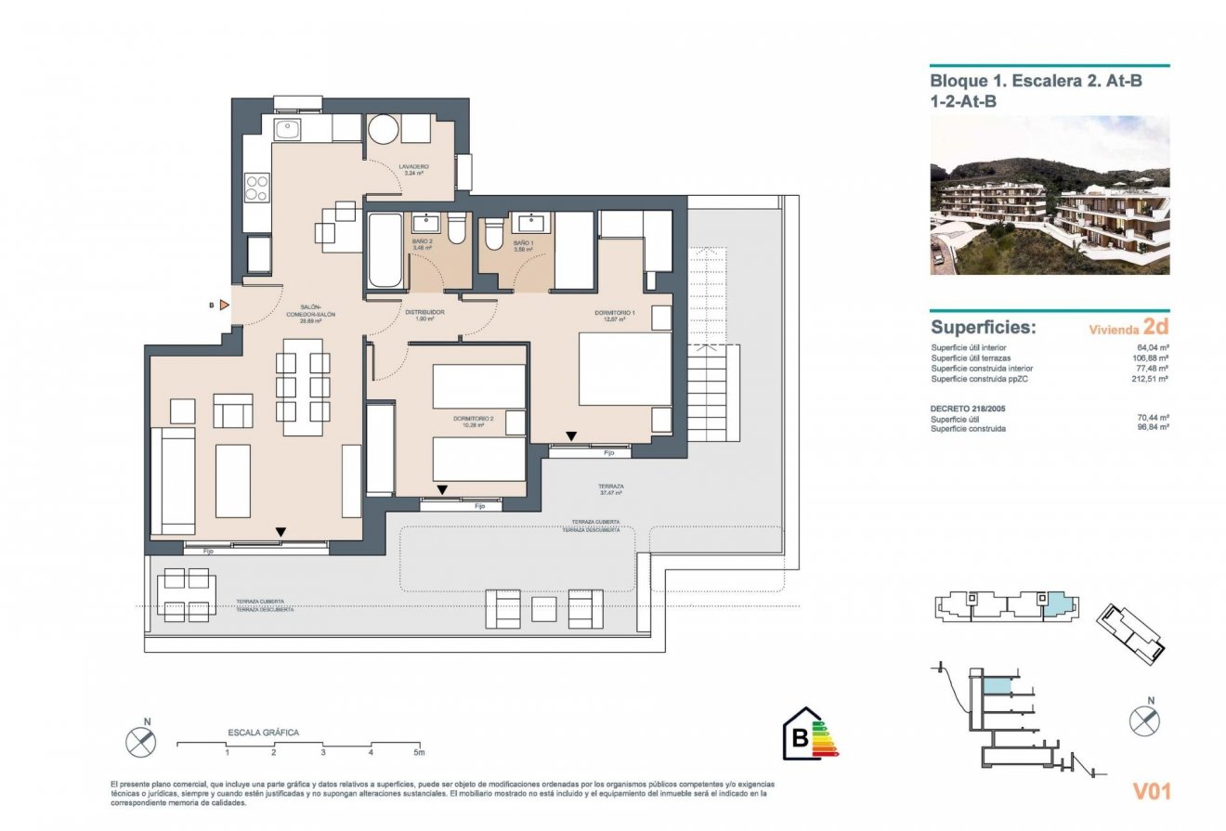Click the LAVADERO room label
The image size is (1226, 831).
click(x=411, y=169)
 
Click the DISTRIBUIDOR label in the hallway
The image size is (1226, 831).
click(x=424, y=313)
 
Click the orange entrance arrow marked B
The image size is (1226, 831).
click(x=224, y=305)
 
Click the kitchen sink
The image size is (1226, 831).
click(x=287, y=128)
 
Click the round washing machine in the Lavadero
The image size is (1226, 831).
click(x=383, y=130)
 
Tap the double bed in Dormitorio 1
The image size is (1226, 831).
click(x=624, y=369)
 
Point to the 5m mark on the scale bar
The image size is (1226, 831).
click(x=419, y=751)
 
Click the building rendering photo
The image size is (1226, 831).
click(x=1050, y=195)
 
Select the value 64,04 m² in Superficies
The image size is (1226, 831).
click(x=1152, y=348)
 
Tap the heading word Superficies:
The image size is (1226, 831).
click(x=983, y=328)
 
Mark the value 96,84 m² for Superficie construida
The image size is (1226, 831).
click(x=1152, y=428)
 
